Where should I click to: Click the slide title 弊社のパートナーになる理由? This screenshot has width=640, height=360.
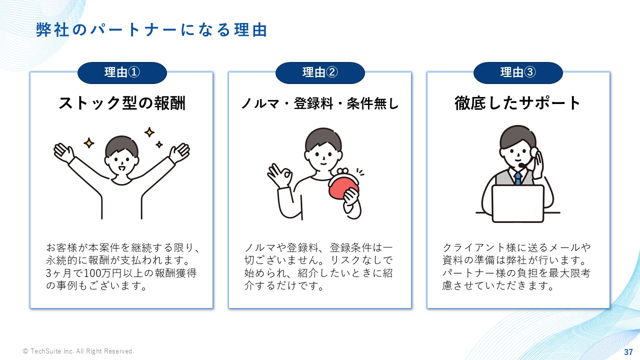click(x=151, y=29)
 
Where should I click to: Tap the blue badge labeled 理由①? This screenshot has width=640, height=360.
click(x=122, y=72)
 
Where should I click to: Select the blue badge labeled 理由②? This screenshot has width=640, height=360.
click(x=320, y=72)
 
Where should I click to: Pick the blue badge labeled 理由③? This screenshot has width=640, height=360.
click(x=518, y=72)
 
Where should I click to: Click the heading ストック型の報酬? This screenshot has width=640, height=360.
click(x=122, y=103)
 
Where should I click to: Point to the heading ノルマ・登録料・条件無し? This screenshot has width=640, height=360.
click(x=319, y=103)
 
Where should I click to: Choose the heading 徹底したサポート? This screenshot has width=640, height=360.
click(x=517, y=103)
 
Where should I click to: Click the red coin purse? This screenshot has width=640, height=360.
click(x=343, y=186)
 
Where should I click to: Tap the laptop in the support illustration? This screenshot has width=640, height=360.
click(x=517, y=203)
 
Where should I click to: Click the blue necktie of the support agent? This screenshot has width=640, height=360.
click(x=517, y=178)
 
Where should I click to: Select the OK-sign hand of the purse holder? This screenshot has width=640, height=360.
click(x=279, y=175)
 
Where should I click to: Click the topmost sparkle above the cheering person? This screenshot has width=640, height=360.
click(x=149, y=132)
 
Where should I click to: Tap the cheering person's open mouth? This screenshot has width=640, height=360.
click(x=121, y=168)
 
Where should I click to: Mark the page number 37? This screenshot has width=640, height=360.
click(x=628, y=352)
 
